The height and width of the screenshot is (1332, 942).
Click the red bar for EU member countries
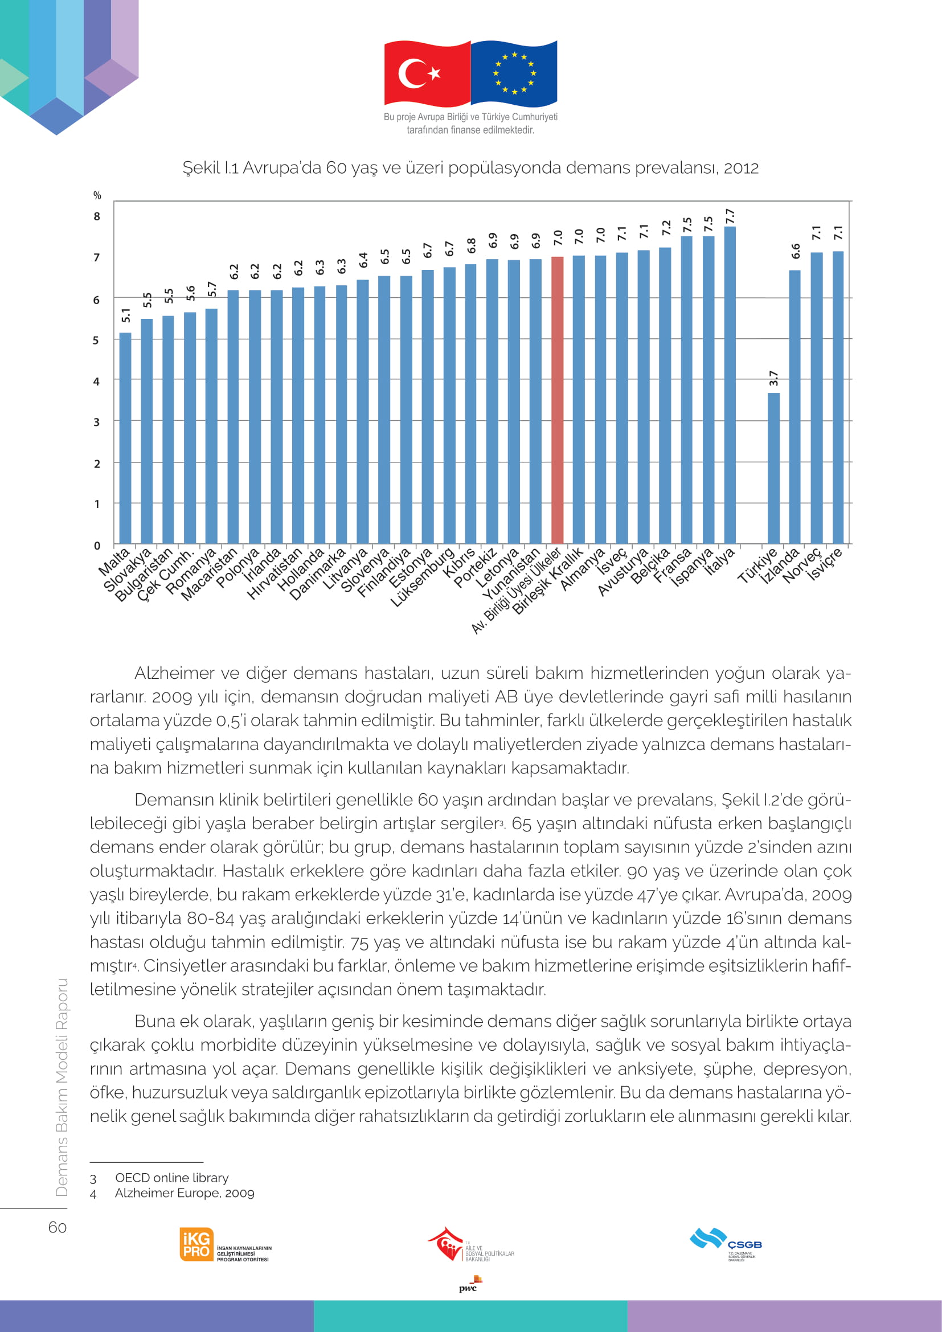[557, 400]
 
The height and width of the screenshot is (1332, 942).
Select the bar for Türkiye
[773, 468]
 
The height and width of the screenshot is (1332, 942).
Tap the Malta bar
[125, 438]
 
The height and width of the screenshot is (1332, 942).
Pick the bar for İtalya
[730, 384]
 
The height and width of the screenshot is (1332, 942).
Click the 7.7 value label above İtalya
[730, 216]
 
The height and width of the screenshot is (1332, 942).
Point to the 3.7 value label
[773, 379]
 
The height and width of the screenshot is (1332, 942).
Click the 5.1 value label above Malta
[126, 315]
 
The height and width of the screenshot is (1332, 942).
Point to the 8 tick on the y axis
[97, 216]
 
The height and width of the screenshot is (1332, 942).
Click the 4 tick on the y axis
[96, 381]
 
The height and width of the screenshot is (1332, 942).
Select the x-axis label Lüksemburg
[422, 577]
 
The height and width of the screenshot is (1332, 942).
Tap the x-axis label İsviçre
[824, 563]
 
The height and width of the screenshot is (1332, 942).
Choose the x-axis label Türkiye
[757, 565]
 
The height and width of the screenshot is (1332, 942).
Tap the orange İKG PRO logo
[196, 1244]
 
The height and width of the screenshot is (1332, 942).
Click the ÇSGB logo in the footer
[726, 1243]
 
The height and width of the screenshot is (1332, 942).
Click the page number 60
[58, 1227]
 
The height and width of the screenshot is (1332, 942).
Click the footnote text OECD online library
[171, 1178]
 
